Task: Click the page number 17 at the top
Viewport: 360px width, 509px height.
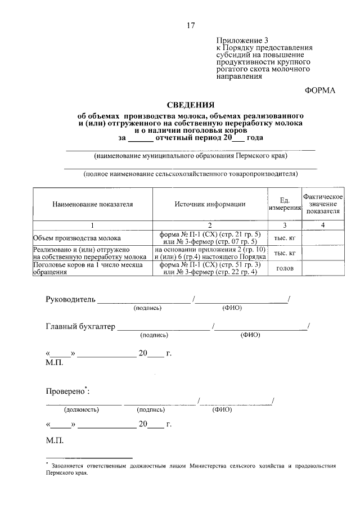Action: point(191,25)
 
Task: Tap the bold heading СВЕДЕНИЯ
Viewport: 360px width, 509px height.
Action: point(191,105)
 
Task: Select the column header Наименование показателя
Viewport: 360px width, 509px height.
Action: point(93,205)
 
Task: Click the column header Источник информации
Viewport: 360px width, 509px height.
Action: point(209,205)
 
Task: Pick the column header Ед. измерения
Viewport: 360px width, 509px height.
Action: point(284,205)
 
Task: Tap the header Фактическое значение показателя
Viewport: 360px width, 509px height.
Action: point(323,204)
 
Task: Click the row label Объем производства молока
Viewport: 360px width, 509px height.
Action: point(73,238)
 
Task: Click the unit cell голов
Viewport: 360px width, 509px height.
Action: point(284,269)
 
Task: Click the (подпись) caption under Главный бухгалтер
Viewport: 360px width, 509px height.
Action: point(154,335)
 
